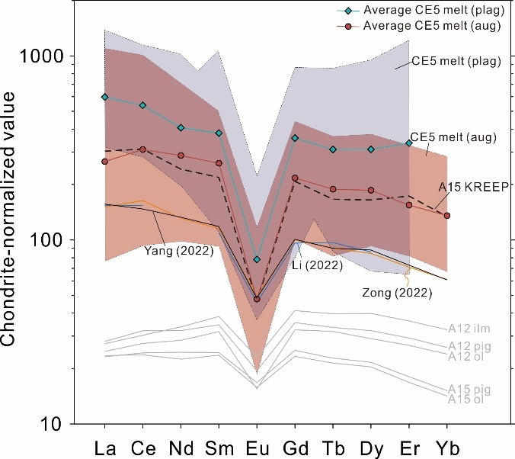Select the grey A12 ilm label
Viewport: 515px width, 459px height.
point(468,329)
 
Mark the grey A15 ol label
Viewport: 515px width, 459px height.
point(465,399)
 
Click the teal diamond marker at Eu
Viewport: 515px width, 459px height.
point(257,259)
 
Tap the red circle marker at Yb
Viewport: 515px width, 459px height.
point(447,216)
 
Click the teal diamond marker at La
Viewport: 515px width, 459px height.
point(104,97)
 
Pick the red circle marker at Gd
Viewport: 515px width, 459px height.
point(295,178)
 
